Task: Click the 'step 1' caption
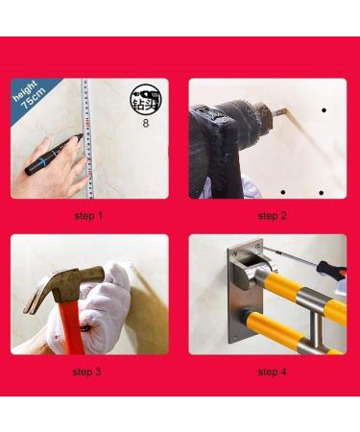(89, 216)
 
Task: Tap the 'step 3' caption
(89, 371)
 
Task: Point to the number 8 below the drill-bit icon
(144, 124)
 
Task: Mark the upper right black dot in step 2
(324, 111)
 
